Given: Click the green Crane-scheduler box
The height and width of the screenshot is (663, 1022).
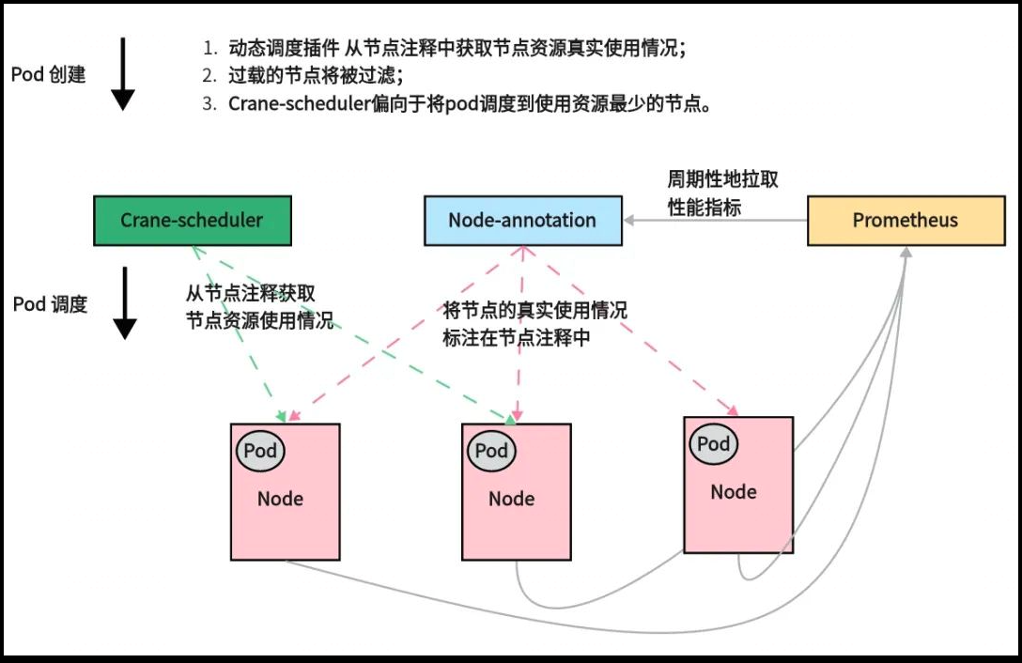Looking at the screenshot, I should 192,221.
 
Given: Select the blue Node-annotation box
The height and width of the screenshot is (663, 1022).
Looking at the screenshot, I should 522,221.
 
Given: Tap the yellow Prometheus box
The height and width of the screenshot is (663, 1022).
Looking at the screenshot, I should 905,221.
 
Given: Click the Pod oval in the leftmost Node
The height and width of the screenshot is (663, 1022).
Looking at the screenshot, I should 260,451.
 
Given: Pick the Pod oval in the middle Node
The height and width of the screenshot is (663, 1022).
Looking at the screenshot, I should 491,451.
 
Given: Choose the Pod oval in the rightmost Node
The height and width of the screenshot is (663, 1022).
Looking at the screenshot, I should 713,444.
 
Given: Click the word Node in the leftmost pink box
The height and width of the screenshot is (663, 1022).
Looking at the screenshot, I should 280,499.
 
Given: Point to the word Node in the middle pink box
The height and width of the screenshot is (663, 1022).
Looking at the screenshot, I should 511,499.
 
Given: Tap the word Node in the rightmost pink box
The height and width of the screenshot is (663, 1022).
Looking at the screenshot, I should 734,492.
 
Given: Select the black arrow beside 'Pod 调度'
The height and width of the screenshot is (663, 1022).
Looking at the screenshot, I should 124,302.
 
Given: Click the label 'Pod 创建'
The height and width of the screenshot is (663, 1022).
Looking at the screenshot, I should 48,74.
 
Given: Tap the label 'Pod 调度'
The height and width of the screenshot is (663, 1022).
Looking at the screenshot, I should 50,304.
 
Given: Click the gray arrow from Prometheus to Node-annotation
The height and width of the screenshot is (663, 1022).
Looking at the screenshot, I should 714,221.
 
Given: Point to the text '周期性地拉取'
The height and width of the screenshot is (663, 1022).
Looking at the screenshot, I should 722,179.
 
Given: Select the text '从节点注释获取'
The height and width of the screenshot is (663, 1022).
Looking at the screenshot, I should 244,292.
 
